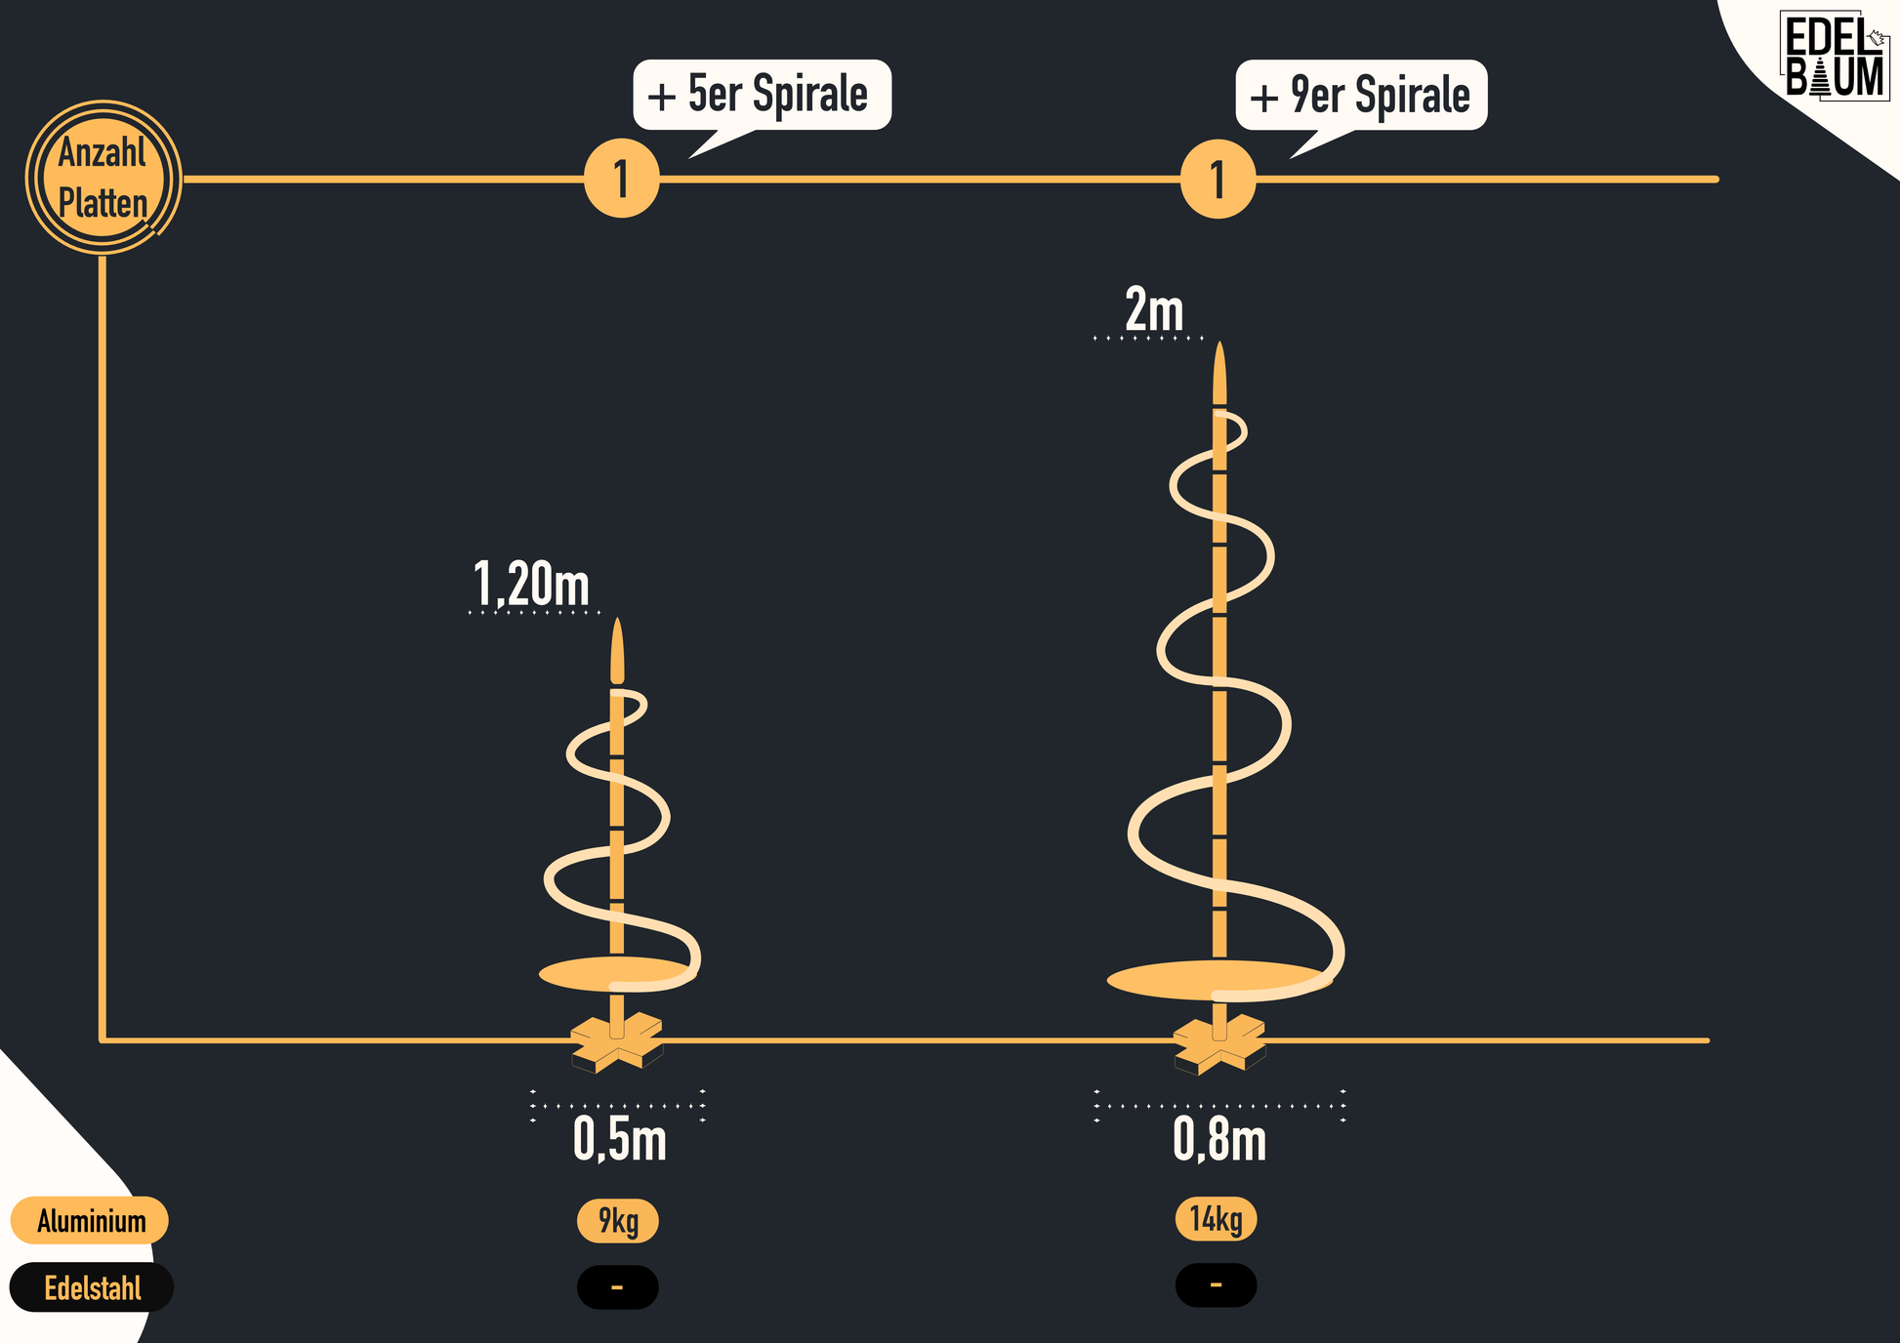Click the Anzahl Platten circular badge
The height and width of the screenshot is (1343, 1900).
coord(103,178)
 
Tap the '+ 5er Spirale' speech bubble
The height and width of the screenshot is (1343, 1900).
coord(762,95)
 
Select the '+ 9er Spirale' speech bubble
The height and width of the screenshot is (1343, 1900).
coord(1361,95)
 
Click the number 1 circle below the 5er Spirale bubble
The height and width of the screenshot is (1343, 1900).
coord(622,179)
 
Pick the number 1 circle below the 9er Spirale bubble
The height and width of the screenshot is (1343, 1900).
coord(1218,179)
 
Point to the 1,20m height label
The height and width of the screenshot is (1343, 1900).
coord(531,584)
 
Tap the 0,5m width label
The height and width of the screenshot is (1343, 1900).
coord(619,1139)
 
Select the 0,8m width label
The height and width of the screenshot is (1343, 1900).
coord(1218,1139)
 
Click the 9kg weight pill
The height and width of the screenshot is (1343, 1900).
coord(617,1221)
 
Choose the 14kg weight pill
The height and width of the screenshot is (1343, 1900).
coord(1216,1219)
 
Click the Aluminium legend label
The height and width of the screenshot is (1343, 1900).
coord(90,1221)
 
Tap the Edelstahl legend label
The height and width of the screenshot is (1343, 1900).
coord(92,1288)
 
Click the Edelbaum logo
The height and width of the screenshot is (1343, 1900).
coord(1834,57)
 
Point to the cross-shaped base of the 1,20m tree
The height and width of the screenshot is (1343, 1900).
coord(617,1043)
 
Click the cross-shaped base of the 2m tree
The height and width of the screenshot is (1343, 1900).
coord(1218,1045)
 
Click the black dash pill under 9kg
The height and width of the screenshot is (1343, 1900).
coord(617,1287)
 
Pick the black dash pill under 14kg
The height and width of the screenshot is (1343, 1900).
coord(1216,1285)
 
